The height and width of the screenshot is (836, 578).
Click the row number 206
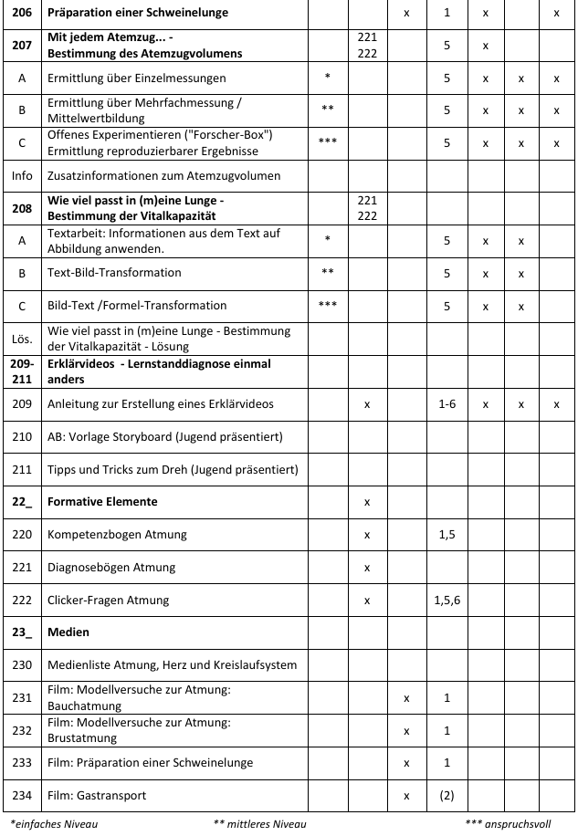tap(21, 14)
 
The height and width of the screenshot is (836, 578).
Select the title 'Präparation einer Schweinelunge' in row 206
tap(137, 14)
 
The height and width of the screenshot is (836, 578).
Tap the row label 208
tap(21, 207)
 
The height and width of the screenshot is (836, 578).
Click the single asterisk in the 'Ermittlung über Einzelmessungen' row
tap(327, 78)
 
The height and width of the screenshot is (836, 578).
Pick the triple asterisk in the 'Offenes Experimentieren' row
tap(327, 142)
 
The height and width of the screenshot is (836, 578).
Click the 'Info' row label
tap(21, 175)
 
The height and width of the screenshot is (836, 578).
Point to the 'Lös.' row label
tap(21, 338)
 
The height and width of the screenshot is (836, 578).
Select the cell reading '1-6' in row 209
tap(447, 403)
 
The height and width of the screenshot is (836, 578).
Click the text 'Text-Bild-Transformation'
tap(114, 273)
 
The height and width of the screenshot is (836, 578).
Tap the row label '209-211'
tap(21, 371)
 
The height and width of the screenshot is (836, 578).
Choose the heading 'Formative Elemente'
tap(102, 502)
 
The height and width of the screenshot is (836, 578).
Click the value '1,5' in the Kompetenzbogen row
tap(447, 535)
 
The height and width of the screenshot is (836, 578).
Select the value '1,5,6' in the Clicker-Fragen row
tap(447, 601)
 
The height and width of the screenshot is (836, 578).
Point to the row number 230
tap(21, 664)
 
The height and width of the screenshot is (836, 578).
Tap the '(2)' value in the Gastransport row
tap(447, 795)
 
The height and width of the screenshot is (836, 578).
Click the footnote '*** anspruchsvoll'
tap(509, 824)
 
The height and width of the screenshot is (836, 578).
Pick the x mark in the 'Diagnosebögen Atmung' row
tap(366, 568)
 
